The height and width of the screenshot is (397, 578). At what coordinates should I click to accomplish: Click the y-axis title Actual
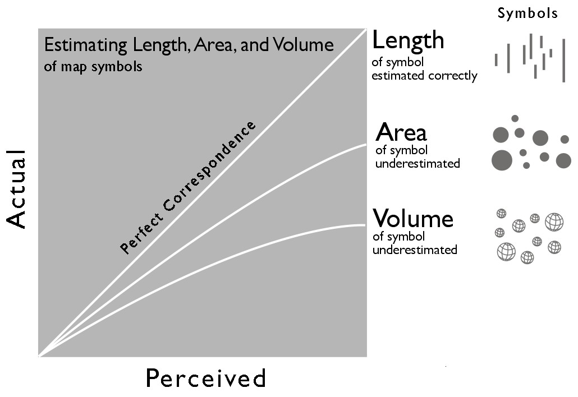click(17, 189)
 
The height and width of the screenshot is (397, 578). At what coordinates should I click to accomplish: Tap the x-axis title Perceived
click(205, 379)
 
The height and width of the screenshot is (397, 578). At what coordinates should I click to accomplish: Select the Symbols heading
click(527, 13)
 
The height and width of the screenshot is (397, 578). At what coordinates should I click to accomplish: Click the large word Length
click(408, 41)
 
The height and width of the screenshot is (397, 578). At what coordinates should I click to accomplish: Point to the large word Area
click(401, 132)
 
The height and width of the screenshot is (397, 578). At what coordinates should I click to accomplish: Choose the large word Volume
click(413, 218)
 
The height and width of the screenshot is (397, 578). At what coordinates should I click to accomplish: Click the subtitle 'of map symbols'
click(93, 67)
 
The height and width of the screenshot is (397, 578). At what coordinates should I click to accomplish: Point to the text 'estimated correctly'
click(424, 76)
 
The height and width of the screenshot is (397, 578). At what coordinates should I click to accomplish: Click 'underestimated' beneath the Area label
click(418, 164)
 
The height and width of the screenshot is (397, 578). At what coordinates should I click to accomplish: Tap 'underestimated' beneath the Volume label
click(415, 250)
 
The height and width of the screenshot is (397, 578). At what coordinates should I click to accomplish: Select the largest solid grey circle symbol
click(502, 160)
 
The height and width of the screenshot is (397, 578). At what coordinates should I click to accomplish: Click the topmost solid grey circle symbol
click(515, 118)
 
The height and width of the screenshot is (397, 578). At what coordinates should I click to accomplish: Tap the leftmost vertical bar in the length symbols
click(496, 60)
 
